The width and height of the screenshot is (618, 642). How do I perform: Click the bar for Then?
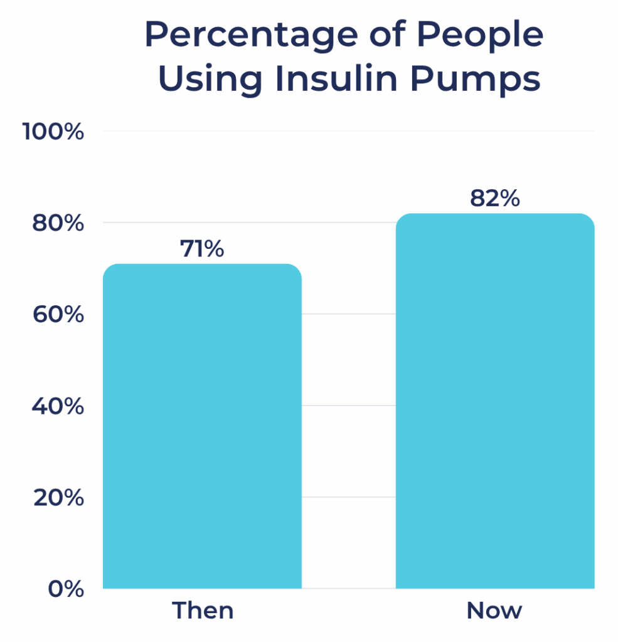click(x=202, y=426)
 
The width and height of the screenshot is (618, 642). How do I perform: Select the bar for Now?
click(x=495, y=401)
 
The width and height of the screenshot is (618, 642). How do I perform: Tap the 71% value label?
click(x=202, y=250)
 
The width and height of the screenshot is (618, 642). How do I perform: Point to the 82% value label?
click(x=495, y=199)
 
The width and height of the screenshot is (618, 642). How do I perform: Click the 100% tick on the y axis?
click(x=53, y=132)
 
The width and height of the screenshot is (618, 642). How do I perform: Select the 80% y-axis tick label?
click(x=57, y=223)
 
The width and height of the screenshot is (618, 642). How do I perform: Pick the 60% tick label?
click(x=57, y=315)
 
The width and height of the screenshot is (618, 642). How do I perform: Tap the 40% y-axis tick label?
click(x=57, y=406)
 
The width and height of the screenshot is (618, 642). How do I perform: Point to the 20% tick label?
click(x=57, y=498)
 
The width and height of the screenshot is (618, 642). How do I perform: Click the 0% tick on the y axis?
click(x=66, y=589)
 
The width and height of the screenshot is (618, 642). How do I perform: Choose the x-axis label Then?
click(x=203, y=611)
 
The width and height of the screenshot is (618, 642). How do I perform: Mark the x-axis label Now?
click(x=494, y=611)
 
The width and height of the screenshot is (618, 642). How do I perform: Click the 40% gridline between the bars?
click(x=348, y=406)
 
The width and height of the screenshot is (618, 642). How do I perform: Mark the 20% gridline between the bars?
click(x=348, y=497)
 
